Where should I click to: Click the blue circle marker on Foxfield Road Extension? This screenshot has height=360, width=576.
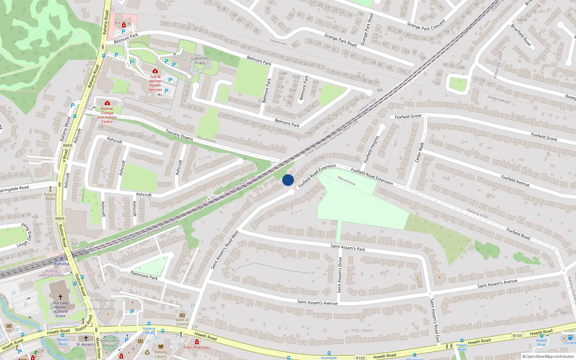pyautogui.click(x=288, y=180)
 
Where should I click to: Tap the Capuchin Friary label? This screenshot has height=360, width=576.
pyautogui.click(x=200, y=60)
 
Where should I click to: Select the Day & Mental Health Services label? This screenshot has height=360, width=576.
pyautogui.click(x=156, y=83)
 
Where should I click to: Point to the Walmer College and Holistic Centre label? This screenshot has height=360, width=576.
pyautogui.click(x=107, y=115)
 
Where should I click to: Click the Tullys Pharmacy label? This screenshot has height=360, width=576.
pyautogui.click(x=197, y=347)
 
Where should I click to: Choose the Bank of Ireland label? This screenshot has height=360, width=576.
pyautogui.click(x=182, y=322)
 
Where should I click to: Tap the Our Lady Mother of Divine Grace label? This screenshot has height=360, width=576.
pyautogui.click(x=60, y=309)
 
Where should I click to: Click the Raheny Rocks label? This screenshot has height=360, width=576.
pyautogui.click(x=50, y=197)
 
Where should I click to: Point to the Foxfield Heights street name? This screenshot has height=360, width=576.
pyautogui.click(x=372, y=149)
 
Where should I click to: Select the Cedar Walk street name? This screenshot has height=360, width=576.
pyautogui.click(x=419, y=152)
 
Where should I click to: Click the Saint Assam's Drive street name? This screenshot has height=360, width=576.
pyautogui.click(x=339, y=275)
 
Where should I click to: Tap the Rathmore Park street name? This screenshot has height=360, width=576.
pyautogui.click(x=144, y=275)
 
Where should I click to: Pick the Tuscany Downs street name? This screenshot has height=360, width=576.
pyautogui.click(x=179, y=135)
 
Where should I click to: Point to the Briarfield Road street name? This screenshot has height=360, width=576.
pyautogui.click(x=521, y=35)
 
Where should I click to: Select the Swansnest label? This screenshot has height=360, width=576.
pyautogui.click(x=278, y=42)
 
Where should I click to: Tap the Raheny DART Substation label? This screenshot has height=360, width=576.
pyautogui.click(x=51, y=273)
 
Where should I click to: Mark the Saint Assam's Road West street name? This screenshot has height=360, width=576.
pyautogui.click(x=225, y=250)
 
